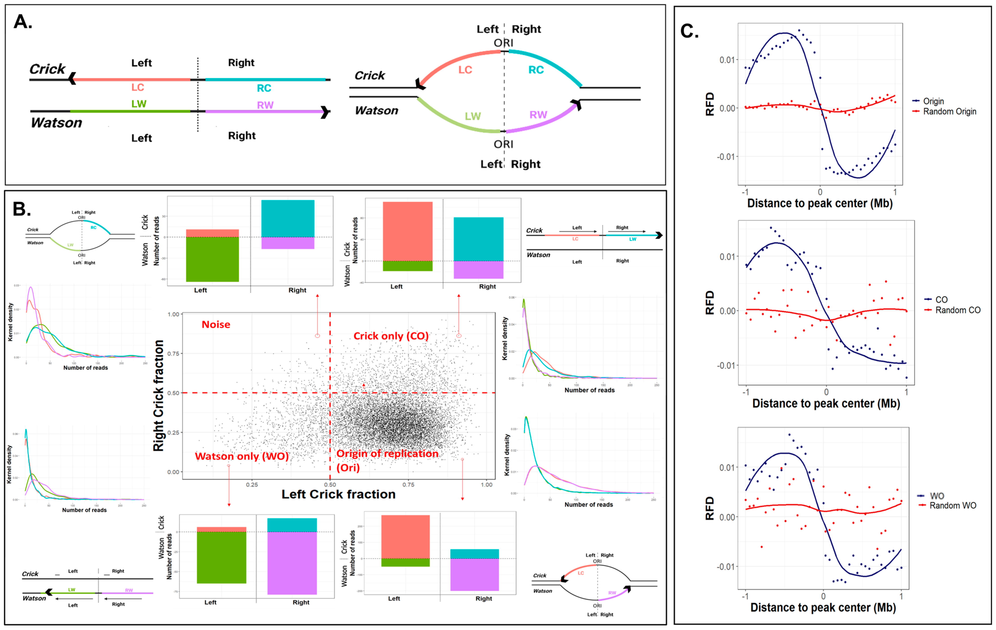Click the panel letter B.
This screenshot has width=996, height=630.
(x=21, y=209)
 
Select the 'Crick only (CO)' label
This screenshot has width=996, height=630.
(x=391, y=336)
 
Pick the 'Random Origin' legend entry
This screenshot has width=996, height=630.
(x=949, y=112)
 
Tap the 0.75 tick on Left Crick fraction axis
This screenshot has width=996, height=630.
(x=408, y=485)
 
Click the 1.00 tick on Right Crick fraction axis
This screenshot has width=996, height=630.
(x=173, y=315)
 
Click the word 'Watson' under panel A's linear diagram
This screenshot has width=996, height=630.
(x=56, y=123)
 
